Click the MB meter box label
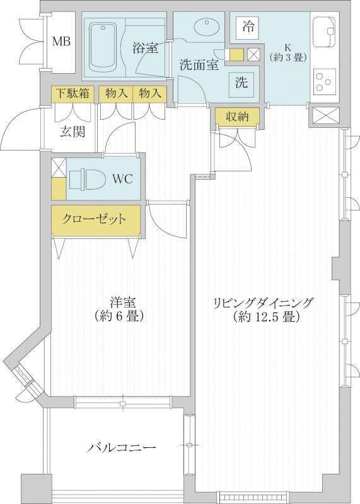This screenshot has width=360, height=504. [61, 42]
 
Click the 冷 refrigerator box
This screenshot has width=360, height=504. [249, 27]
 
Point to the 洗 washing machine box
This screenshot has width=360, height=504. [241, 82]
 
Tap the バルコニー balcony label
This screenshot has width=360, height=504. [122, 448]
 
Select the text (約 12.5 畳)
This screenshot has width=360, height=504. [264, 318]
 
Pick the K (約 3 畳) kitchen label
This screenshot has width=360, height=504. [287, 52]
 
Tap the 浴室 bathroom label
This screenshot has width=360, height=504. [145, 47]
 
